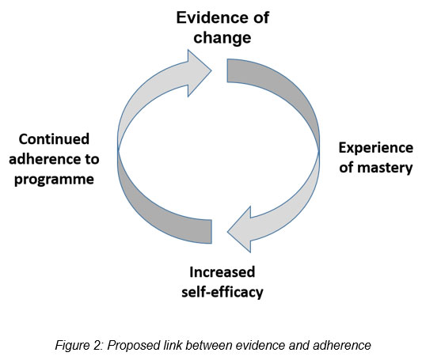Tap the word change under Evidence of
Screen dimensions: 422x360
[222, 37]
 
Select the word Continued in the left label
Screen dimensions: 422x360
[54, 139]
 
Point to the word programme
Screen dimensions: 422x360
[54, 180]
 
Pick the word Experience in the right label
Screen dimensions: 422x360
[376, 149]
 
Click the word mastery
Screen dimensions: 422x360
[385, 168]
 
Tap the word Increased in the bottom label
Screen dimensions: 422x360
[222, 272]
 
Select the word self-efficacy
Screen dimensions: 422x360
[222, 292]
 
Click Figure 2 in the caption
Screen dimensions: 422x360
[79, 345]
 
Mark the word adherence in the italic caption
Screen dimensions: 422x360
[342, 345]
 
